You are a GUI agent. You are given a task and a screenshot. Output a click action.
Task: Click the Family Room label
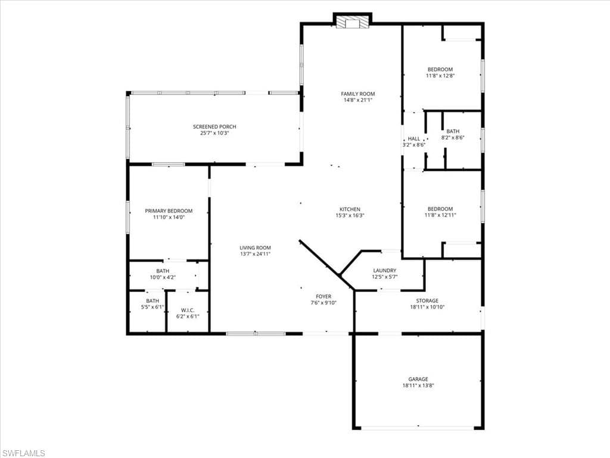point(358,94)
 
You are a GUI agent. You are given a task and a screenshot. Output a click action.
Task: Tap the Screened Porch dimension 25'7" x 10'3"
point(214,133)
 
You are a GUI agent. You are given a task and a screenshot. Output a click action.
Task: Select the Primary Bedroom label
point(169,211)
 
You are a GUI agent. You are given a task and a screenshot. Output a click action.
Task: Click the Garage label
point(418,379)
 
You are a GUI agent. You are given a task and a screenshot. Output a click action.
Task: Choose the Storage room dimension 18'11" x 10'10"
point(427,307)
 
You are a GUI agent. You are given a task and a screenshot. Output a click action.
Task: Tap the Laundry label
point(384,270)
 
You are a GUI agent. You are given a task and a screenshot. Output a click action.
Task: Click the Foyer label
point(323,296)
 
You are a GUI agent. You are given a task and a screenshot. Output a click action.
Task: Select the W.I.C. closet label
point(188,310)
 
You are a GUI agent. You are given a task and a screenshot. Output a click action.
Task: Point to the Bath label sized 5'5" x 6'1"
point(152,301)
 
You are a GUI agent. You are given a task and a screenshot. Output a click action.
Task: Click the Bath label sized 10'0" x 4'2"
point(163,271)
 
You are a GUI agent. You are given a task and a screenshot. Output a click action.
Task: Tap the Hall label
point(413,138)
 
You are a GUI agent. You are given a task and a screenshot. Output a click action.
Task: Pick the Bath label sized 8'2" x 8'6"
point(453,131)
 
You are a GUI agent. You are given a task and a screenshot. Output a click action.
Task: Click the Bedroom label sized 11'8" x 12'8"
point(440,69)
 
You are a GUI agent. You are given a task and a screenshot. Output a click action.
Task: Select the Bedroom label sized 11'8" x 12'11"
point(440,209)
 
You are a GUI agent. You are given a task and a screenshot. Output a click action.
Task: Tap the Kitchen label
point(350,209)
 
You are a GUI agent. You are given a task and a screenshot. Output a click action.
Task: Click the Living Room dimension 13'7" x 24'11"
point(256,254)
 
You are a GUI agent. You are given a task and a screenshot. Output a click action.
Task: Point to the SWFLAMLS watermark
point(24,453)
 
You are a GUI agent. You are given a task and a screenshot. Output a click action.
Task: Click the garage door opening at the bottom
point(418,428)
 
